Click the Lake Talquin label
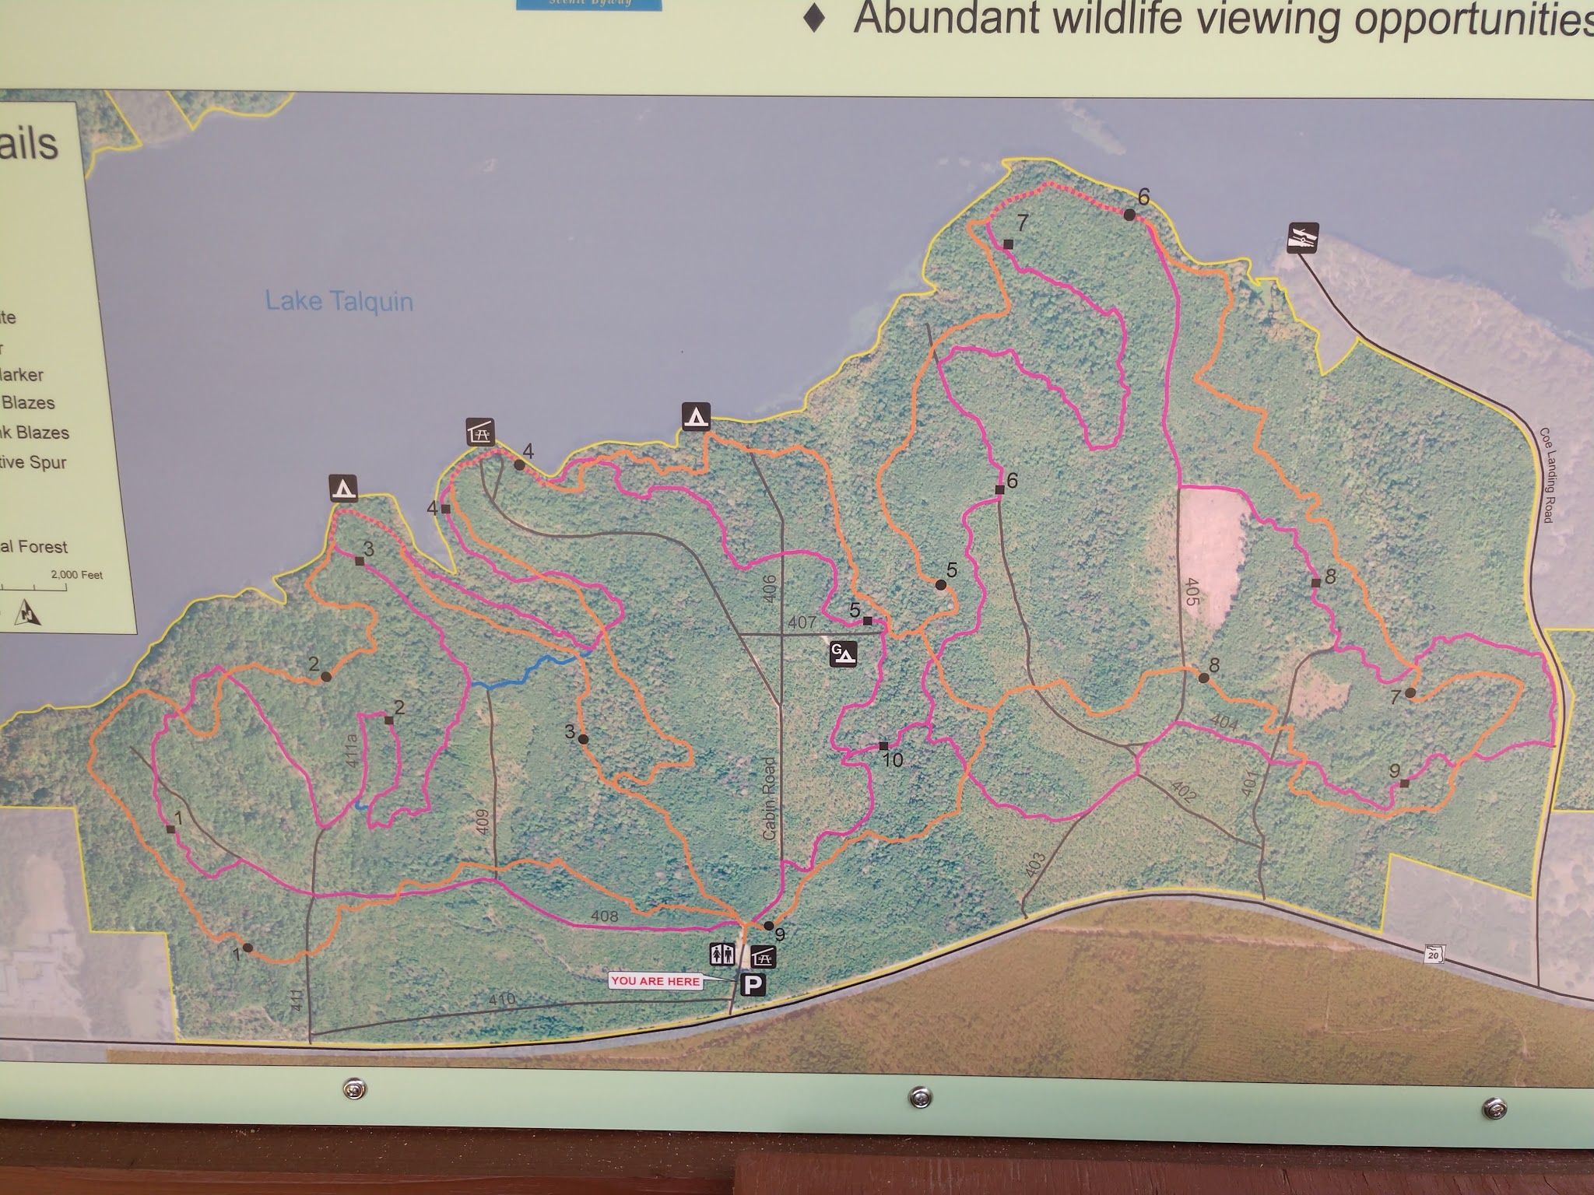339,302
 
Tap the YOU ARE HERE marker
655,981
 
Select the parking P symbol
753,986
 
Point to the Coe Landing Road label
1546,475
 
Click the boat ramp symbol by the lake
1301,238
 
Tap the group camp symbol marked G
842,654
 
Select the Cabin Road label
769,798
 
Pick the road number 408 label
604,917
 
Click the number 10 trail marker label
892,759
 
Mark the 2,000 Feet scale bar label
76,576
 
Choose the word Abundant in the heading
946,19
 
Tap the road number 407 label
802,622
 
